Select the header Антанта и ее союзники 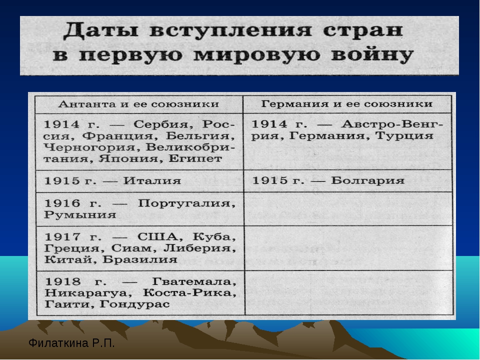(x=138, y=104)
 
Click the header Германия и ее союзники (x=347, y=104)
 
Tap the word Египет (x=195, y=158)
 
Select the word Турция (x=404, y=135)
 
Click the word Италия (x=152, y=180)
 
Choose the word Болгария (x=367, y=180)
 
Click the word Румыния (x=80, y=214)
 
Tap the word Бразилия (x=140, y=259)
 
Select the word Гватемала (x=194, y=281)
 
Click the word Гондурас (x=134, y=304)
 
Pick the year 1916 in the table (x=62, y=203)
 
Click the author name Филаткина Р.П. (x=71, y=343)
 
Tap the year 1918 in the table (x=63, y=281)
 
